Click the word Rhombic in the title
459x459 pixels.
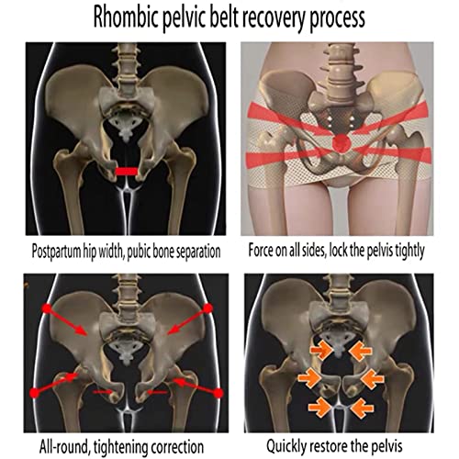pyautogui.click(x=126, y=18)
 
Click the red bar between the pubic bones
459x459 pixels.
pyautogui.click(x=127, y=172)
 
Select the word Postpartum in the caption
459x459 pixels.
pyautogui.click(x=56, y=252)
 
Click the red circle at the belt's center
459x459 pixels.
pyautogui.click(x=341, y=142)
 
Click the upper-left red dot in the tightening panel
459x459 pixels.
pyautogui.click(x=47, y=308)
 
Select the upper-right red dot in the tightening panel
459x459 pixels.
pyautogui.click(x=208, y=308)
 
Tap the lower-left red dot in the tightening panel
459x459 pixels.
pyautogui.click(x=35, y=393)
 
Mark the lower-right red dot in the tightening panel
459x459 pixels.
pyautogui.click(x=218, y=393)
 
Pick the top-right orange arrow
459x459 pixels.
pyautogui.click(x=361, y=352)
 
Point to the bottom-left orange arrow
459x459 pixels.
pyautogui.click(x=319, y=407)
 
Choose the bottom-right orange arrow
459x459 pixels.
pyautogui.click(x=363, y=408)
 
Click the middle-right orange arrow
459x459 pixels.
pyautogui.click(x=372, y=379)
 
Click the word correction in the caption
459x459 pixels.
pyautogui.click(x=176, y=447)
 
